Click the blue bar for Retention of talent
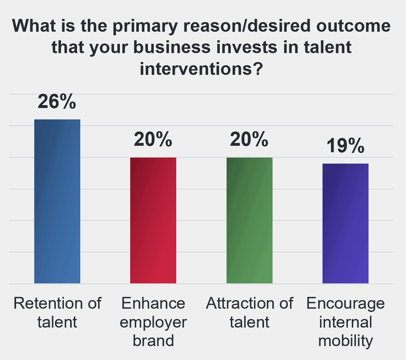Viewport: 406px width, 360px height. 57,201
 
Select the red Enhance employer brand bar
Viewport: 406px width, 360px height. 153,220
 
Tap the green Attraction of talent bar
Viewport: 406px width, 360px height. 250,220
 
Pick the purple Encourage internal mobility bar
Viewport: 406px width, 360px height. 345,223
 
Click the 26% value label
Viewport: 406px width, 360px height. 57,101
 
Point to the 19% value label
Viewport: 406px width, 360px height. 345,146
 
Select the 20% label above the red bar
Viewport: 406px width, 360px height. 153,139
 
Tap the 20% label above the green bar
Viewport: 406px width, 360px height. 249,139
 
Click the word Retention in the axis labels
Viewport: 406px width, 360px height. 48,303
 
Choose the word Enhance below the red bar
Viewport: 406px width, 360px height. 153,303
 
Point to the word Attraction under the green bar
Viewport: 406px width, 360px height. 240,303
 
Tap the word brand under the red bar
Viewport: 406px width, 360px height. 153,340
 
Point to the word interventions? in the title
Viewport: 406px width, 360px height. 202,69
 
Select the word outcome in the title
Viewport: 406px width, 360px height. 354,26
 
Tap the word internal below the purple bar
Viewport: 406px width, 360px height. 346,322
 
